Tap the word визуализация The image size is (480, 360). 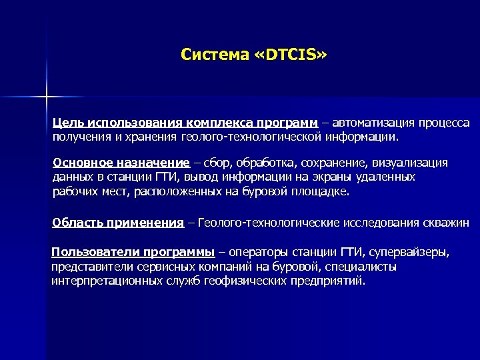(413, 163)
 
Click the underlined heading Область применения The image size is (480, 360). (117, 223)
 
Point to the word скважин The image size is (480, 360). (445, 223)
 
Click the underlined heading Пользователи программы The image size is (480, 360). (133, 253)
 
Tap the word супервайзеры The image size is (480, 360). (409, 253)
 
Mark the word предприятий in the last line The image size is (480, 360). (328, 281)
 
